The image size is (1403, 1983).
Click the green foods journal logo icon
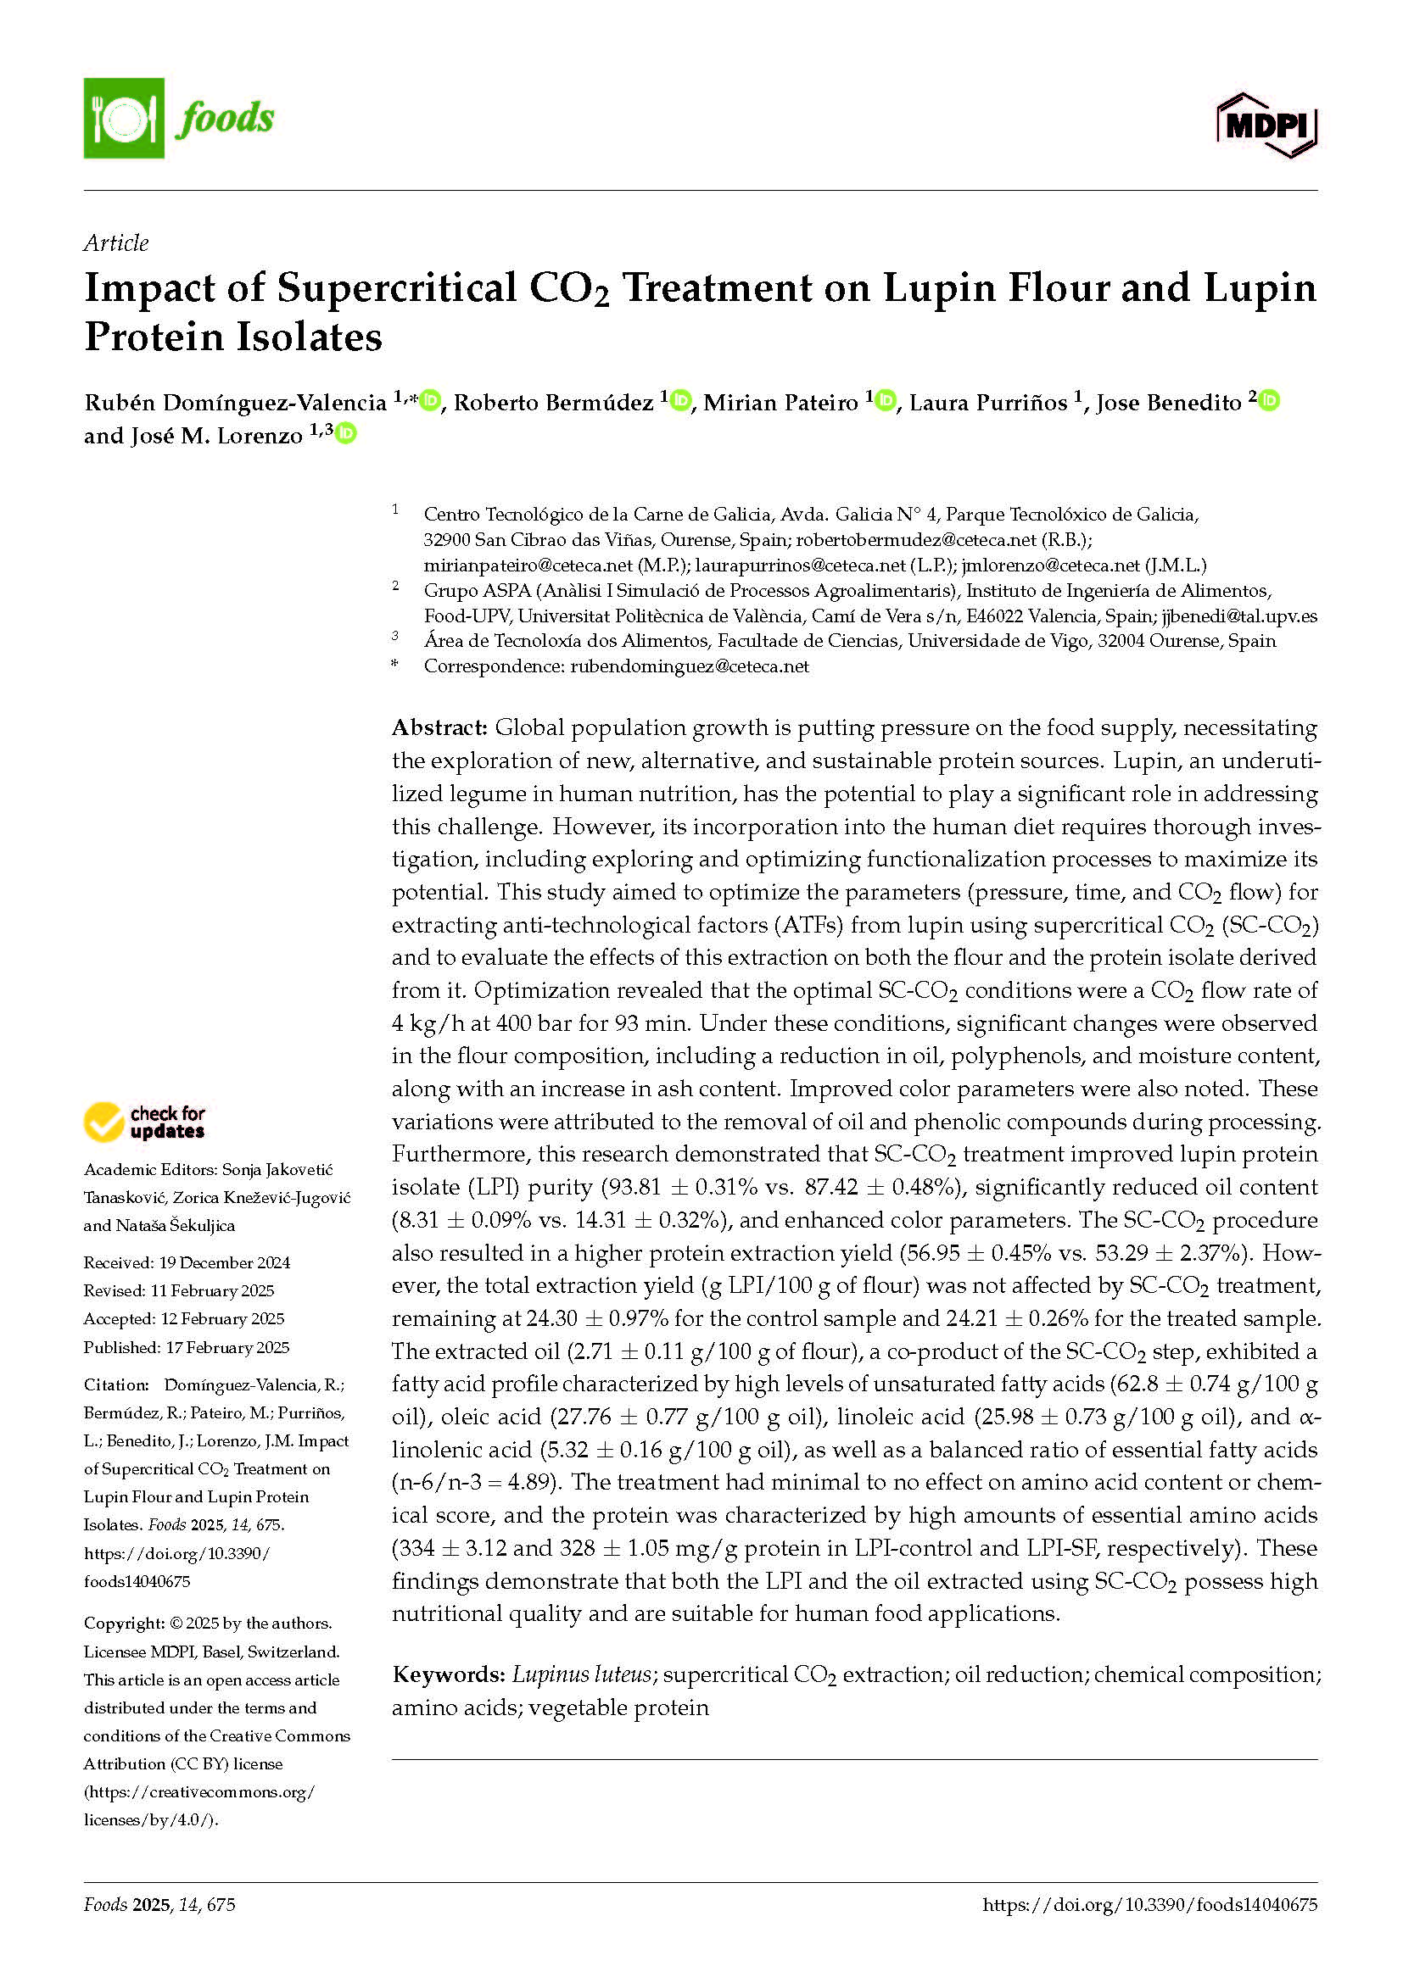click(x=124, y=119)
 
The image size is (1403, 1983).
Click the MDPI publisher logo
click(x=1266, y=126)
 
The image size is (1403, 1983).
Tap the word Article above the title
click(x=115, y=242)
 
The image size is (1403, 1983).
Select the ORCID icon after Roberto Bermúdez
click(x=681, y=401)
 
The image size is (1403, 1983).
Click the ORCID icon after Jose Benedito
click(x=1268, y=401)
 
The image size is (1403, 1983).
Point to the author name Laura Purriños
click(x=989, y=403)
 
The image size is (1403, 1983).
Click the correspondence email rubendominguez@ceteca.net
click(x=690, y=666)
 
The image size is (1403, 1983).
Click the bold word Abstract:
click(x=439, y=727)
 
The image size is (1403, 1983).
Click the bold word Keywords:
click(x=448, y=1674)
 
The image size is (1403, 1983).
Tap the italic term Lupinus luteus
click(x=580, y=1674)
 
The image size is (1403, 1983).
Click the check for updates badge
click(x=144, y=1122)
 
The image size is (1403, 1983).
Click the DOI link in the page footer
click(x=1149, y=1903)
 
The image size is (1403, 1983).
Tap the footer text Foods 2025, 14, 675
click(x=159, y=1903)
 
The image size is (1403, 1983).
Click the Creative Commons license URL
click(x=198, y=1805)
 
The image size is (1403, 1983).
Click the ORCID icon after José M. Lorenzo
click(x=345, y=433)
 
